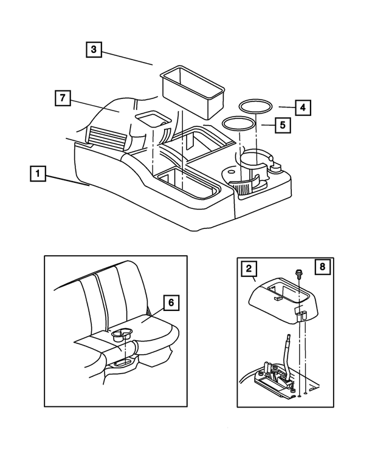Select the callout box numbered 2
point(247,267)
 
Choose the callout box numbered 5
point(282,125)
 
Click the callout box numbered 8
point(323,267)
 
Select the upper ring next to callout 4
point(255,105)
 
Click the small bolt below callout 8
point(299,275)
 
